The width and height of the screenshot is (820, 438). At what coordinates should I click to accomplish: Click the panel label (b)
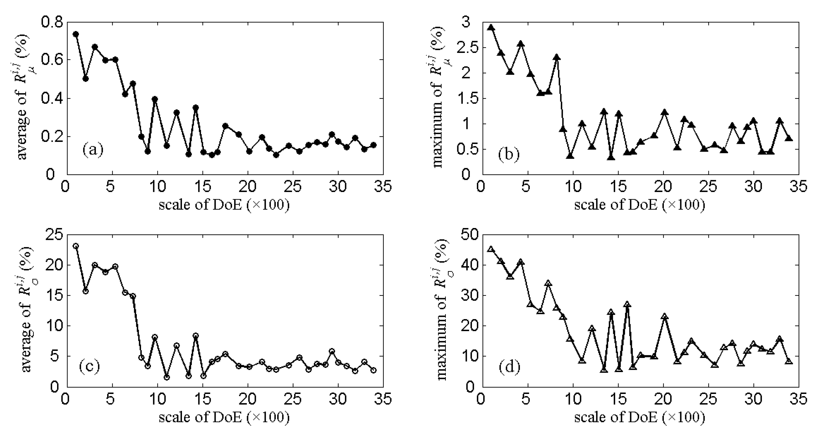(x=509, y=155)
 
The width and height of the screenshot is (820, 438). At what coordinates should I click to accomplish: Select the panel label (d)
(x=509, y=367)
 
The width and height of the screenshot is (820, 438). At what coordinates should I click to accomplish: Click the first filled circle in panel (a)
(x=76, y=34)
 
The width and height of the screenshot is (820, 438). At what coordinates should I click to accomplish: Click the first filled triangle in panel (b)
(x=491, y=28)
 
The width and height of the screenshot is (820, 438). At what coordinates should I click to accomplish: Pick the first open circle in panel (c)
(x=76, y=246)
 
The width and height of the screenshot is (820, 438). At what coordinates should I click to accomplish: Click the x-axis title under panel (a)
(x=224, y=204)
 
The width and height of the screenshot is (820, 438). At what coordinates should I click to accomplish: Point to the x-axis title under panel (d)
(x=639, y=417)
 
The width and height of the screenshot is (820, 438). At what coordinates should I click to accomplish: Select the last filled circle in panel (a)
(x=374, y=145)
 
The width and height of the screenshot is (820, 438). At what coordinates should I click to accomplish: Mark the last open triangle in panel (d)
(x=789, y=361)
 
